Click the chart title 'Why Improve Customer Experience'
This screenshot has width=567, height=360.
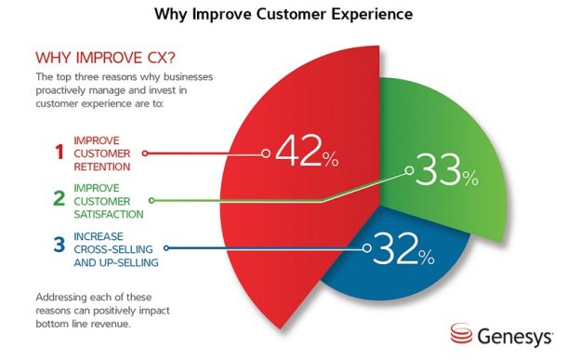pos(283,16)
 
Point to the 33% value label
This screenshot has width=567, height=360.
pos(444,173)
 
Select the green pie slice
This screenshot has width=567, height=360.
pos(465,130)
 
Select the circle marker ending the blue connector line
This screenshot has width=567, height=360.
pos(364,248)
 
